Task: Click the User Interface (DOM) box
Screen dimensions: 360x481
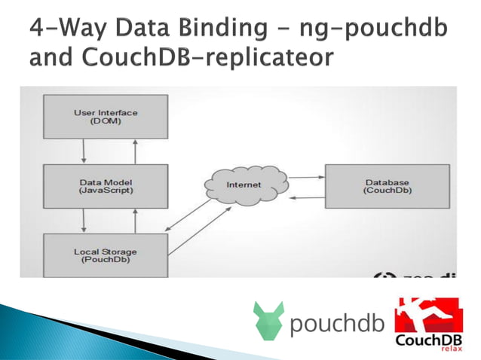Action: click(106, 117)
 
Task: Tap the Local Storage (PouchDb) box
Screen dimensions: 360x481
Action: click(106, 255)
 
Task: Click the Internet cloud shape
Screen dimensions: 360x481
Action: click(244, 185)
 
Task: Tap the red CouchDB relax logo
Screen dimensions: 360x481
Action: click(428, 323)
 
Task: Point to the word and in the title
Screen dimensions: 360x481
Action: click(51, 57)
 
